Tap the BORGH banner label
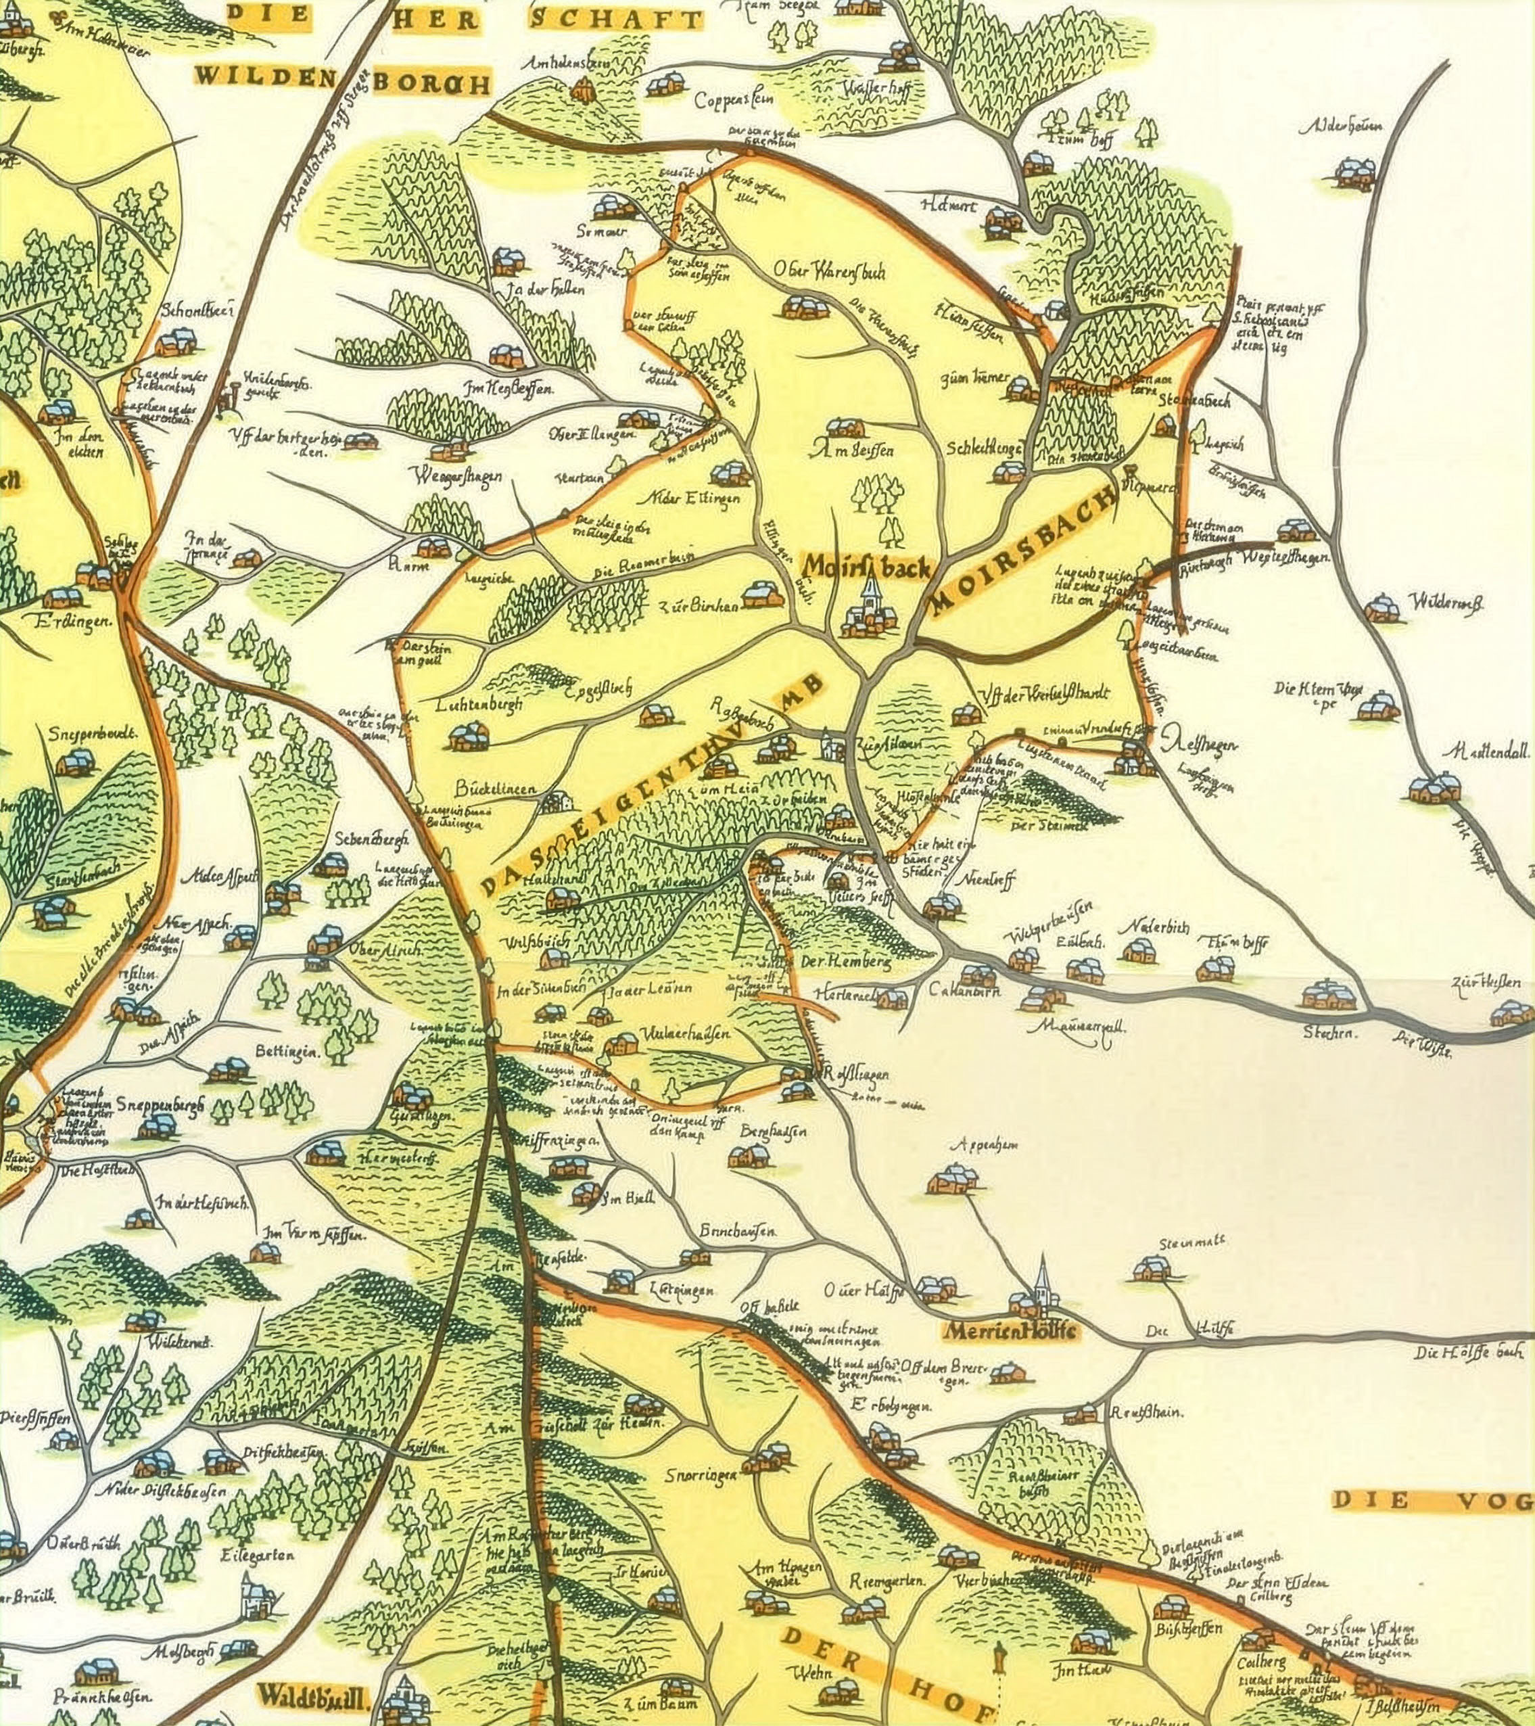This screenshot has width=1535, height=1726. click(431, 83)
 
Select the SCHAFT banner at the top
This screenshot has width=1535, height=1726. click(615, 20)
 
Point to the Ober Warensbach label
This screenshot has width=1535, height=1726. click(829, 271)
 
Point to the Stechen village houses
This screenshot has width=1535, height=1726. click(1328, 996)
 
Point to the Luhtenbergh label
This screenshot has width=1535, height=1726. click(479, 703)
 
